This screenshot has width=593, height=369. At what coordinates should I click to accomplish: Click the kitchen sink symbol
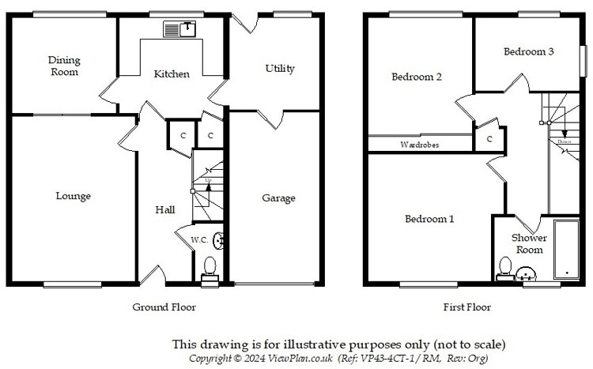pyautogui.click(x=179, y=29)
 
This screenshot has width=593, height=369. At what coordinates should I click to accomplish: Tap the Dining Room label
pyautogui.click(x=63, y=66)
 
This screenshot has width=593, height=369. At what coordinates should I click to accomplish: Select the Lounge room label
pyautogui.click(x=73, y=196)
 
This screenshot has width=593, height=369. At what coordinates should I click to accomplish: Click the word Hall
pyautogui.click(x=164, y=209)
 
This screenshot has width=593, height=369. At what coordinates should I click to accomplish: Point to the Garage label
pyautogui.click(x=278, y=198)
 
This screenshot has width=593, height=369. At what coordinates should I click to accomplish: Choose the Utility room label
pyautogui.click(x=280, y=69)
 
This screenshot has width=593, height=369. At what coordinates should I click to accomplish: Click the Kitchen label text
pyautogui.click(x=172, y=74)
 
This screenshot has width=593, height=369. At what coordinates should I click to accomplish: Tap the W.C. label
pyautogui.click(x=199, y=239)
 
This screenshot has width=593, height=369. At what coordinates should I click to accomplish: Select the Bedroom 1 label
pyautogui.click(x=429, y=219)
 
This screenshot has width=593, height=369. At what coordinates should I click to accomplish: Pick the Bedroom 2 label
pyautogui.click(x=416, y=77)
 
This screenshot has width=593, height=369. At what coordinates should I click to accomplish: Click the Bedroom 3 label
pyautogui.click(x=528, y=51)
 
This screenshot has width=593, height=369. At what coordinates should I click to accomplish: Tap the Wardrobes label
pyautogui.click(x=419, y=145)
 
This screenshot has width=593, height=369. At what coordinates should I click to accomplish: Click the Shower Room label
pyautogui.click(x=529, y=243)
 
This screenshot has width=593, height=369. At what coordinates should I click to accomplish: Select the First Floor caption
pyautogui.click(x=468, y=307)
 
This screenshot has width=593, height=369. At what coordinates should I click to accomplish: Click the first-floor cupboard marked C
pyautogui.click(x=490, y=139)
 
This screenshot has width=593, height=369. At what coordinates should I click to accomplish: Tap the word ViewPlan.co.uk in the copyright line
pyautogui.click(x=289, y=358)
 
